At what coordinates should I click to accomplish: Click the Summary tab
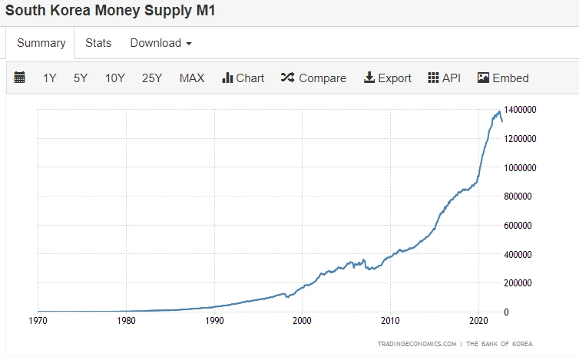click(x=41, y=43)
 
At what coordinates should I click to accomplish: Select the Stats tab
click(x=98, y=43)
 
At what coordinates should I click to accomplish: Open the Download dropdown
click(x=160, y=43)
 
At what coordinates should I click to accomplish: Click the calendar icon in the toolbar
click(x=20, y=78)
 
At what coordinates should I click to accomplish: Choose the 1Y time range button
click(x=50, y=78)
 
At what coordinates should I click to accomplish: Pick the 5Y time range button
click(x=81, y=78)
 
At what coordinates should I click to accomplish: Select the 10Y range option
click(x=115, y=78)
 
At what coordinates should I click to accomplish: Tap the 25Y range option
click(x=151, y=78)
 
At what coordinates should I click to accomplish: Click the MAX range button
click(x=192, y=78)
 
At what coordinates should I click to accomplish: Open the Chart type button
click(x=243, y=78)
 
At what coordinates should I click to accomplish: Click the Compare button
click(x=313, y=78)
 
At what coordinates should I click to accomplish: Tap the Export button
click(x=387, y=78)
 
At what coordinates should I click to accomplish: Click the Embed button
click(x=503, y=78)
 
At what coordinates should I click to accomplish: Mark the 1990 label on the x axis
click(x=214, y=320)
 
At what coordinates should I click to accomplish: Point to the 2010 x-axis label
click(x=391, y=320)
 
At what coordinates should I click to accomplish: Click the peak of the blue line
click(x=499, y=112)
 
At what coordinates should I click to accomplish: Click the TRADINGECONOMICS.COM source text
click(x=417, y=343)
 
